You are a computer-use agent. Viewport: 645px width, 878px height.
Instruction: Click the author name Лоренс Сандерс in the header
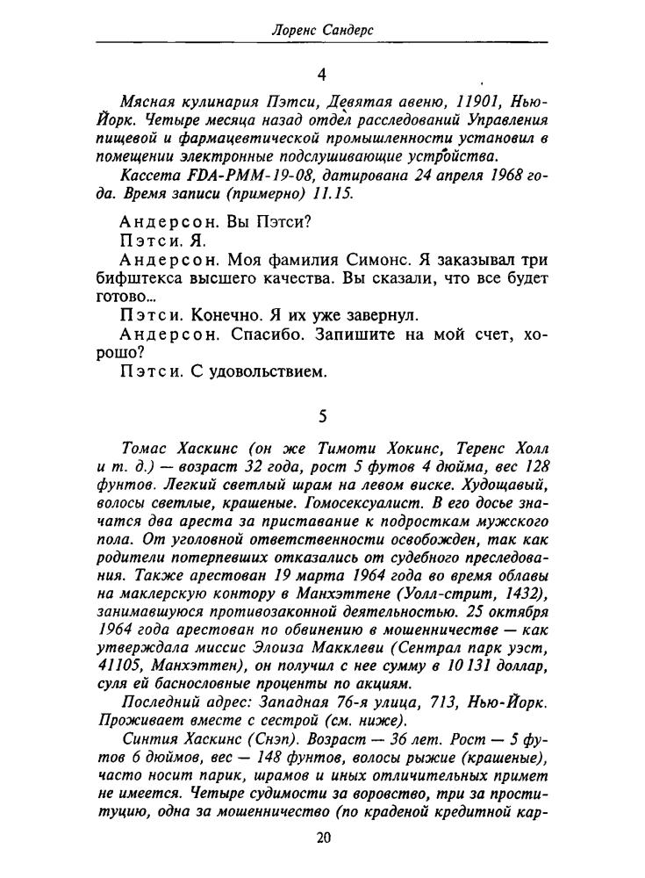[x=321, y=31]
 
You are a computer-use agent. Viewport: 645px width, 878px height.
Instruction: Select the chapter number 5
[x=322, y=418]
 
